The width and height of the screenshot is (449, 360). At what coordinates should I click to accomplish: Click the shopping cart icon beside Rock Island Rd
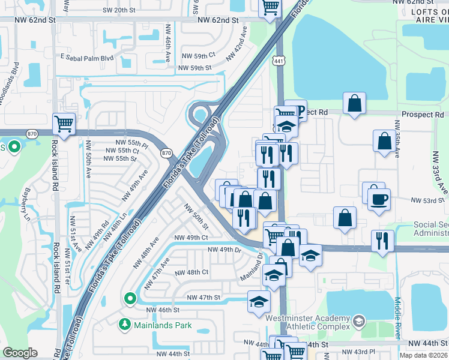point(64,124)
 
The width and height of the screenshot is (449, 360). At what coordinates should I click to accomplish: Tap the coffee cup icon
point(379,199)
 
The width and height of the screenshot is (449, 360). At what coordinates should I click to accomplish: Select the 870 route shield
point(166,153)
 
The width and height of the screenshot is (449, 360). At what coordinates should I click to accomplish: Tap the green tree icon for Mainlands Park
point(124,325)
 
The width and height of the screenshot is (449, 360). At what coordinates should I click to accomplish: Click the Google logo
point(20,353)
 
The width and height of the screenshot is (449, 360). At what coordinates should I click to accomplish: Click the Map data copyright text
point(423,355)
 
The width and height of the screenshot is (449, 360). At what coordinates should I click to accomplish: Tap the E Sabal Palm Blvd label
point(86,58)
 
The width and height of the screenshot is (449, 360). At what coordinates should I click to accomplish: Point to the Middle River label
point(398,318)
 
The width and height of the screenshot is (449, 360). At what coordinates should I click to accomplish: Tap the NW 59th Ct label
point(196,56)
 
